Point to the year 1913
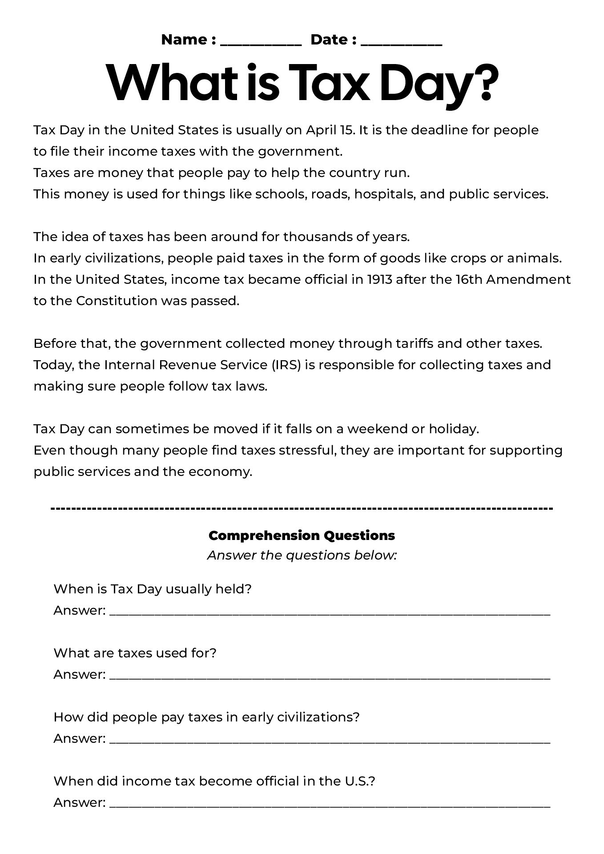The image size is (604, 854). [380, 280]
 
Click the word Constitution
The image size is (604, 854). [116, 301]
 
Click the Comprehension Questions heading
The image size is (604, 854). [302, 536]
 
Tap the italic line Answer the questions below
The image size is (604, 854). [302, 556]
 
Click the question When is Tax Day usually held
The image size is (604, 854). [153, 589]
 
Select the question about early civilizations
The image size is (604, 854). [206, 717]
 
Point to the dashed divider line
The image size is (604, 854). [302, 508]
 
